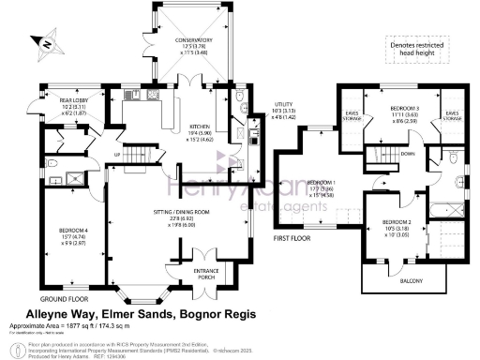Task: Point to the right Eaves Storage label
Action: tap(452, 117)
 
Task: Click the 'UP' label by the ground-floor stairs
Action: tap(117, 155)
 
